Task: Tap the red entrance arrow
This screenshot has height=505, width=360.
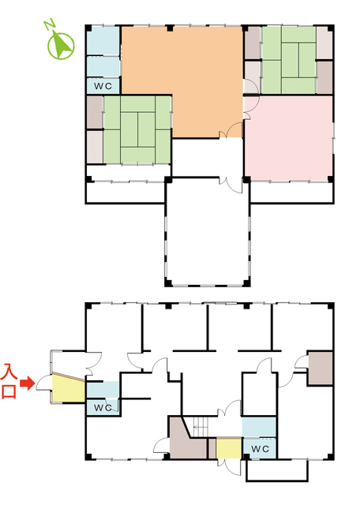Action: [28, 383]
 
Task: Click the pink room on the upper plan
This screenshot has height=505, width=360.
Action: [288, 138]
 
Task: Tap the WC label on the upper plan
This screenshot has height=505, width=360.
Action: [103, 86]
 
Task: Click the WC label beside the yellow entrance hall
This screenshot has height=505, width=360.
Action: [103, 407]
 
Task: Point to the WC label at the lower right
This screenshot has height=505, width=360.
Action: [260, 449]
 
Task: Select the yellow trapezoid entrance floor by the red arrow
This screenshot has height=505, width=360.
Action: [69, 388]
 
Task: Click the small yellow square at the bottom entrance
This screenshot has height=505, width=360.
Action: [229, 448]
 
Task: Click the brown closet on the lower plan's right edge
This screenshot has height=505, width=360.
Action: [321, 368]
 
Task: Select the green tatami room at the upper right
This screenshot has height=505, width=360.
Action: [289, 60]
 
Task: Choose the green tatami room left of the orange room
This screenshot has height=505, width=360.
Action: [137, 129]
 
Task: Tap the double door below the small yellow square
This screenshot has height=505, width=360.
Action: [229, 467]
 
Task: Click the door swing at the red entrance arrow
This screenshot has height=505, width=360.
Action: [43, 383]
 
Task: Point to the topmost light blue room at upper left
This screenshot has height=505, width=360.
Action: [103, 40]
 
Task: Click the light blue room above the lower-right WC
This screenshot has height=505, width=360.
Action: [259, 428]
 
